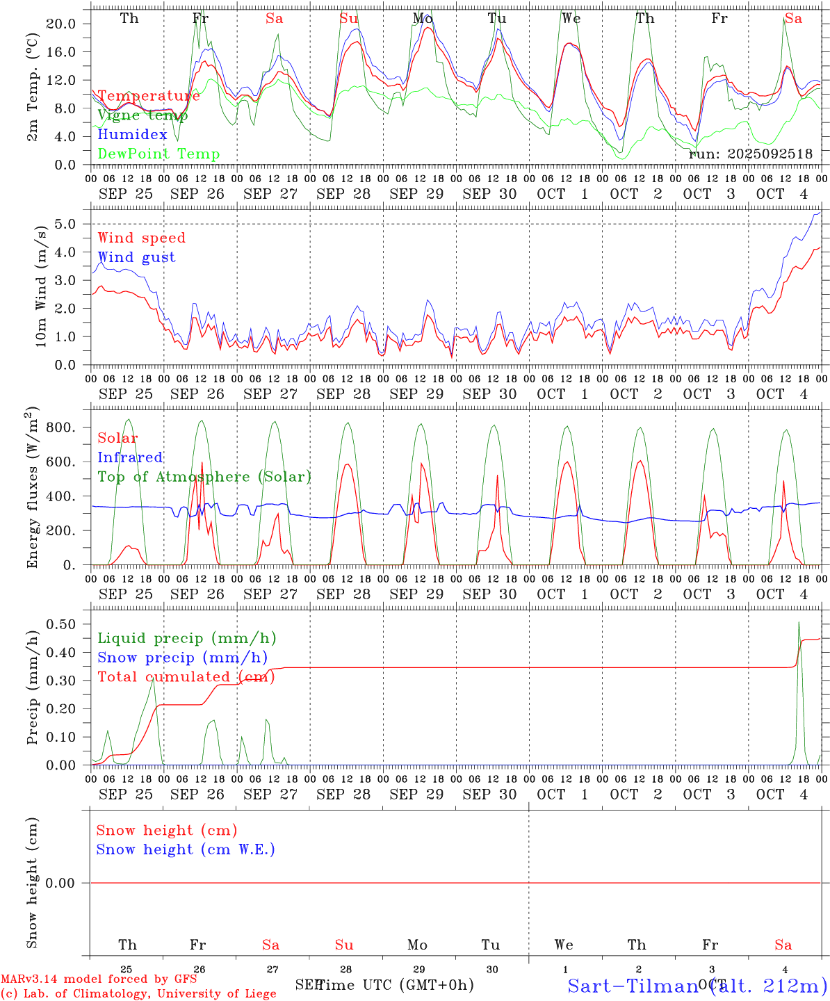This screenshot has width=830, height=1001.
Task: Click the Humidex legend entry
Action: (132, 135)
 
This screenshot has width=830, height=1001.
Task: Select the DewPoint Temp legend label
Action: (158, 154)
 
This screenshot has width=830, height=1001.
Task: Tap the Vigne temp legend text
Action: (143, 115)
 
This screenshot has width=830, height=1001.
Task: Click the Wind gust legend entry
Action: (136, 257)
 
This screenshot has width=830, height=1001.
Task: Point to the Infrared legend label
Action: (130, 457)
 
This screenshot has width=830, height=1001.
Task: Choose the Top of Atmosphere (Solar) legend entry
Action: (204, 477)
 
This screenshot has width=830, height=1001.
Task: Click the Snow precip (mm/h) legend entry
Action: (182, 658)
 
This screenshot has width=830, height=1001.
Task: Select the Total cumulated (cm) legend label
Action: (186, 677)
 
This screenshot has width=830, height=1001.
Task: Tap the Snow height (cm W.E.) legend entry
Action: (186, 849)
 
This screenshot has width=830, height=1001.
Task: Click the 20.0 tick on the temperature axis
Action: (62, 24)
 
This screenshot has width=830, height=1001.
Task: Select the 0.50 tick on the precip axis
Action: (62, 624)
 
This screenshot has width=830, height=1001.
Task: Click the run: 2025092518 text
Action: (750, 154)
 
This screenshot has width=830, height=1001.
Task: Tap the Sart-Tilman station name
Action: (633, 986)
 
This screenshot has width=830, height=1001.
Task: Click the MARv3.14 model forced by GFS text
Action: (99, 979)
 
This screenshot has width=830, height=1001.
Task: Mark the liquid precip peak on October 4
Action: (799, 623)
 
